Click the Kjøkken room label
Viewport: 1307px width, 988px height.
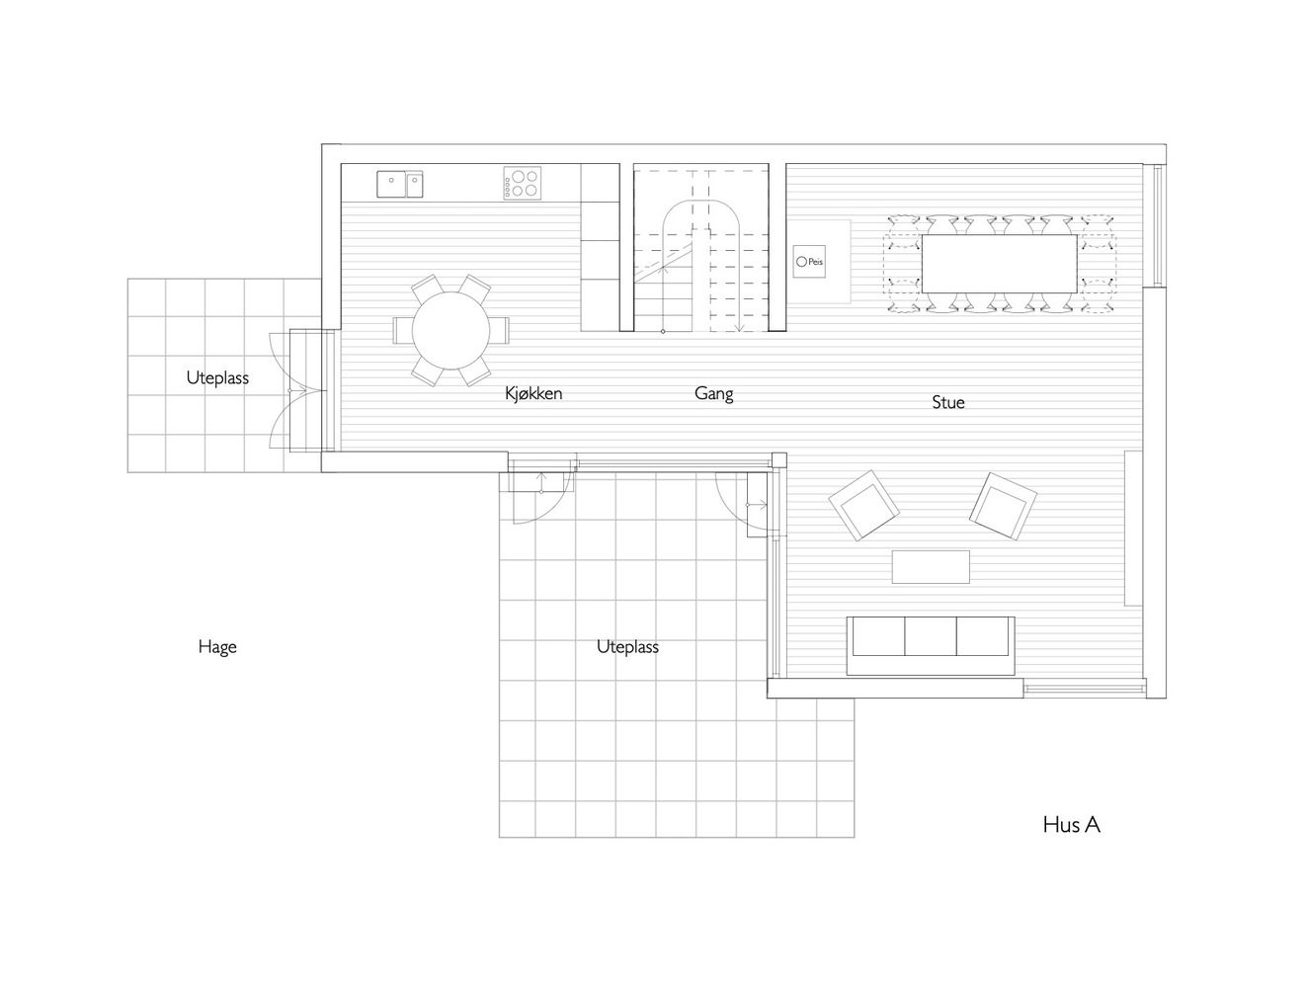pyautogui.click(x=533, y=393)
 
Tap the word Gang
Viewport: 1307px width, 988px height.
pyautogui.click(x=713, y=393)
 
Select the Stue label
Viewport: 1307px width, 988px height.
pyautogui.click(x=947, y=402)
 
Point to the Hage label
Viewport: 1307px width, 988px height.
pyautogui.click(x=217, y=647)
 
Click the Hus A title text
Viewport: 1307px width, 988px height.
pyautogui.click(x=1071, y=824)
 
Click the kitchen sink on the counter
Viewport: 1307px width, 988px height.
pyautogui.click(x=399, y=184)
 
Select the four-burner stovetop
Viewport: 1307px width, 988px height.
pyautogui.click(x=523, y=183)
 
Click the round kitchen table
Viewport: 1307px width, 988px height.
pyautogui.click(x=450, y=330)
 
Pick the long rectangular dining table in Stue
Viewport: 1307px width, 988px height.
pyautogui.click(x=999, y=264)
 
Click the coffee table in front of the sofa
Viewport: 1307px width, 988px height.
pyautogui.click(x=931, y=567)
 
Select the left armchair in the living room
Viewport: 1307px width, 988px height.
pyautogui.click(x=865, y=505)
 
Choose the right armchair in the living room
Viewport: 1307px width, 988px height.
pyautogui.click(x=1003, y=505)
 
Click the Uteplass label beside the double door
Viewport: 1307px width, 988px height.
pyautogui.click(x=217, y=377)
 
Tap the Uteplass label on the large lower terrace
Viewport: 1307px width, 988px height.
pyautogui.click(x=627, y=647)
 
